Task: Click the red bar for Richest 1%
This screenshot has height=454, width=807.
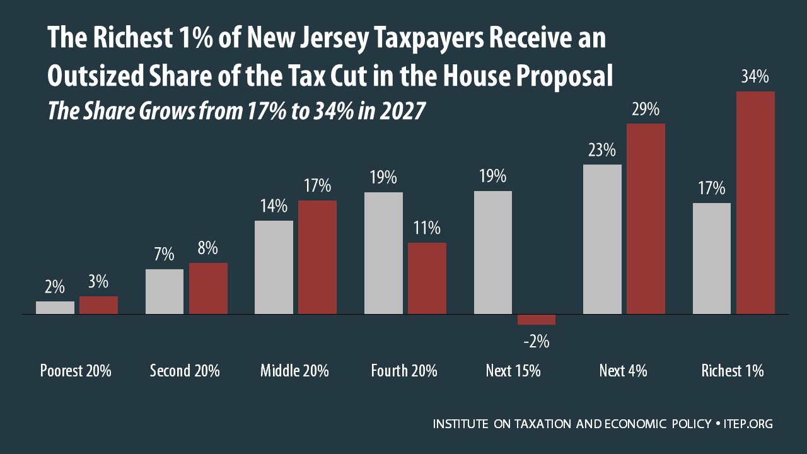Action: click(x=755, y=202)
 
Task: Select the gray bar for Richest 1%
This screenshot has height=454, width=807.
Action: click(x=712, y=258)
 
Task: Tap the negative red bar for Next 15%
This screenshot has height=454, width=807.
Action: click(x=537, y=320)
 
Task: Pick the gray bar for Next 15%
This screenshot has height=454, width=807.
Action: click(x=493, y=252)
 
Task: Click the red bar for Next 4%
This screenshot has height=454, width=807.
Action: click(x=646, y=218)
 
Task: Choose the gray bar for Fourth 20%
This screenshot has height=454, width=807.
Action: click(x=383, y=253)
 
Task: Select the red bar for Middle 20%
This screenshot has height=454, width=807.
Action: click(x=317, y=257)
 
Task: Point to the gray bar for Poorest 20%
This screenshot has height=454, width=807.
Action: click(x=55, y=307)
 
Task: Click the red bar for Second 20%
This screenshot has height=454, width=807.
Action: click(x=208, y=288)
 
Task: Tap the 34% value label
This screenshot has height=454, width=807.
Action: click(x=755, y=77)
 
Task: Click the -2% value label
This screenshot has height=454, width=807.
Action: click(x=537, y=342)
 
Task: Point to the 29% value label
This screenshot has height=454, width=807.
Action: click(x=646, y=109)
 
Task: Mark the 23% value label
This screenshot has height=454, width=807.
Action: click(x=602, y=150)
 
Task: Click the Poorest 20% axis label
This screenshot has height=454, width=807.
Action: click(x=76, y=371)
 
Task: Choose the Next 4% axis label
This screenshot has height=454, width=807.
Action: click(x=623, y=371)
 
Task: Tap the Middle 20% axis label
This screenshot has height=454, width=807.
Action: click(x=294, y=371)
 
